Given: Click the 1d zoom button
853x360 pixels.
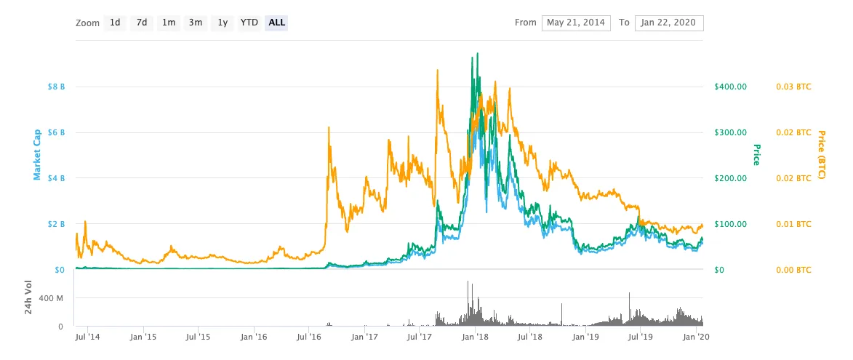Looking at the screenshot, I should click(x=115, y=23).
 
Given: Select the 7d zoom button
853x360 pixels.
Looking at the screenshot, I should click(x=142, y=23).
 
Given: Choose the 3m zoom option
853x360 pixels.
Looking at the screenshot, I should click(x=196, y=23).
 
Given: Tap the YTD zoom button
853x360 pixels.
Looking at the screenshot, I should click(x=249, y=23).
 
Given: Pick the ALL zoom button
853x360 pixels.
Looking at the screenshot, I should click(x=277, y=23).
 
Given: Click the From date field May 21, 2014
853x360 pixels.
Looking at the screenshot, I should click(x=576, y=23).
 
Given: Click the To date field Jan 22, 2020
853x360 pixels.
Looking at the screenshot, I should click(x=669, y=23).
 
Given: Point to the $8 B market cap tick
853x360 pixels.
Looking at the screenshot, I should click(x=56, y=87).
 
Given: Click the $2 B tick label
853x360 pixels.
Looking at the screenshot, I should click(x=56, y=224).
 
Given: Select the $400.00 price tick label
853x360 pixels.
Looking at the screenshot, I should click(x=732, y=87).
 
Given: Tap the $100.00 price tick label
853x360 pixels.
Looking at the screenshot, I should click(x=732, y=224).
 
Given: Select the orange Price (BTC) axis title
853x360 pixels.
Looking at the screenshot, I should click(x=822, y=156).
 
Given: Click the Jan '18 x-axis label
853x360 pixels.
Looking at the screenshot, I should click(x=475, y=337).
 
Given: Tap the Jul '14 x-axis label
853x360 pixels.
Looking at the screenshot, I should click(x=87, y=337).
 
